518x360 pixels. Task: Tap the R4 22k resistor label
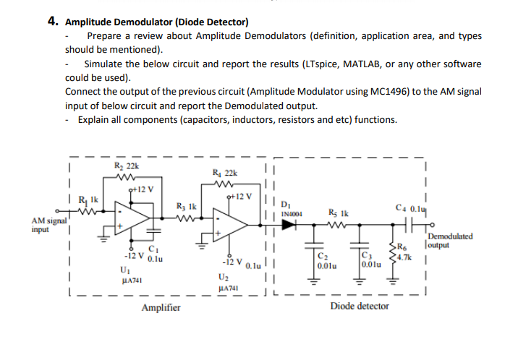224,172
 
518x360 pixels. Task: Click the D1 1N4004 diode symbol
291,225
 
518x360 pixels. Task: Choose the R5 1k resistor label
338,213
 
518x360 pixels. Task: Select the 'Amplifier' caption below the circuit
161,307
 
